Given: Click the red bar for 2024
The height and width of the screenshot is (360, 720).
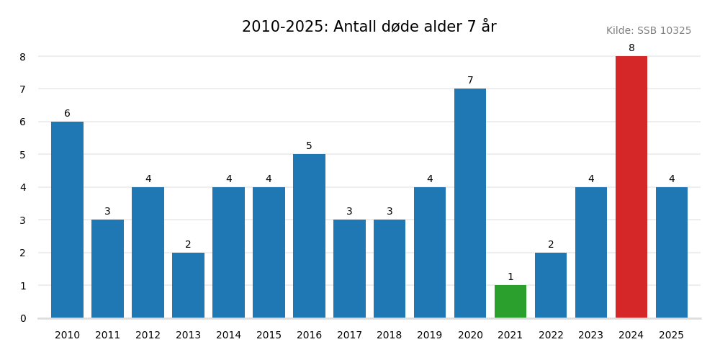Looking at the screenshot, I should pyautogui.click(x=631, y=187).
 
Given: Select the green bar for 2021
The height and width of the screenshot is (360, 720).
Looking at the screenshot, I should pyautogui.click(x=510, y=302).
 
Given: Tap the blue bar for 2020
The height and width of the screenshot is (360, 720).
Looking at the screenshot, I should pyautogui.click(x=470, y=203).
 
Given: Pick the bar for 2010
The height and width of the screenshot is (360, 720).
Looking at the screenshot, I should pyautogui.click(x=67, y=220).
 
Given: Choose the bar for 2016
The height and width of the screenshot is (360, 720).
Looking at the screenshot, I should pyautogui.click(x=309, y=236).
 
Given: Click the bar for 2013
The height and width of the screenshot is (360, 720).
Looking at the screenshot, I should pyautogui.click(x=188, y=285).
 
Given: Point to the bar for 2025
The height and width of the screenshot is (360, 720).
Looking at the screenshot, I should pyautogui.click(x=672, y=252).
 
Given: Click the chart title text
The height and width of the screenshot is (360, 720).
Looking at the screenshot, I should pyautogui.click(x=369, y=27).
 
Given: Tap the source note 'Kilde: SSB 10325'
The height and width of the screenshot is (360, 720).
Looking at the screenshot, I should pyautogui.click(x=648, y=31).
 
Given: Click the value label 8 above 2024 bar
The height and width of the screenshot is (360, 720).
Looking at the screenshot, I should pyautogui.click(x=631, y=48).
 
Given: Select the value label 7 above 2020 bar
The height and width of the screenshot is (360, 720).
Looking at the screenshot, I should pyautogui.click(x=470, y=81).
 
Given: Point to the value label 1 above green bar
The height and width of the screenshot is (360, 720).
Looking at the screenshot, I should pyautogui.click(x=510, y=277).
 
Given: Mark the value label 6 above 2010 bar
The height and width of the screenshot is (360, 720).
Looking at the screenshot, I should pyautogui.click(x=67, y=114).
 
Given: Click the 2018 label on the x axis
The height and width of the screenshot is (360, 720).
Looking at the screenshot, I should pyautogui.click(x=390, y=336).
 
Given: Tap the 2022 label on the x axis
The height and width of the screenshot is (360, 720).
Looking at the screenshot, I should pyautogui.click(x=551, y=336).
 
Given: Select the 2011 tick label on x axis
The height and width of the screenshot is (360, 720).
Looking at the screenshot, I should pyautogui.click(x=107, y=336).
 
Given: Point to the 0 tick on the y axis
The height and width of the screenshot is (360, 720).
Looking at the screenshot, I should pyautogui.click(x=23, y=318).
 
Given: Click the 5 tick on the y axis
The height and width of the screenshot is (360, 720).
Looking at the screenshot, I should pyautogui.click(x=23, y=155).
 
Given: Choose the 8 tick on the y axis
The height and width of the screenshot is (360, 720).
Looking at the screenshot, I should pyautogui.click(x=23, y=57).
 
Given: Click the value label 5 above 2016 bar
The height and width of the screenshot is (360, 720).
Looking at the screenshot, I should pyautogui.click(x=309, y=146).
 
